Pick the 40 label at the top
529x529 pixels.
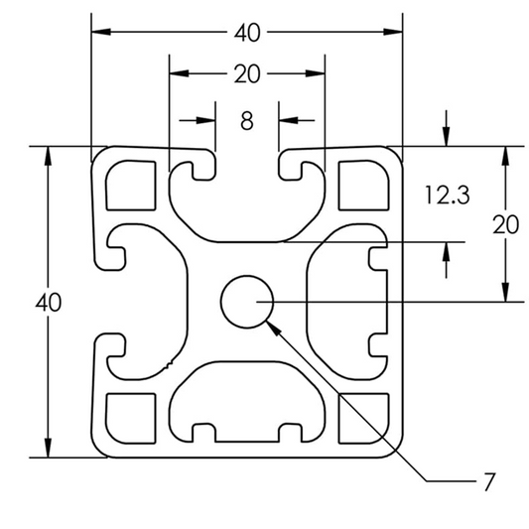coord(247,33)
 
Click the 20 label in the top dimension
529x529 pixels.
coord(247,74)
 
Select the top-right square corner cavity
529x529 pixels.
coord(361,186)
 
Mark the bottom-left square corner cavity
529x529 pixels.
coord(131,417)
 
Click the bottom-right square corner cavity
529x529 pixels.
coord(361,417)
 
